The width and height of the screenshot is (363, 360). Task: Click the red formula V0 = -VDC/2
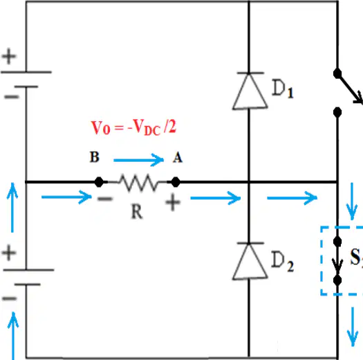133,127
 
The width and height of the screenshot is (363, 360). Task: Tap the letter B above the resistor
95,157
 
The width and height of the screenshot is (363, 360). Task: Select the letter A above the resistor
178,158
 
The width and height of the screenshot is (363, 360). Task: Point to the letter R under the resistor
137,212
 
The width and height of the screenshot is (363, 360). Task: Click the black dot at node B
99,182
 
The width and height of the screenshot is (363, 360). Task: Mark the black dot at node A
176,182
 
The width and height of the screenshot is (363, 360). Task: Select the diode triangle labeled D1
250,91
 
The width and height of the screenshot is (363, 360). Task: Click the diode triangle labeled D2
250,261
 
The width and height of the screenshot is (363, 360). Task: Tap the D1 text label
283,89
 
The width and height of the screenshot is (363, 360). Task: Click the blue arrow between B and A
138,160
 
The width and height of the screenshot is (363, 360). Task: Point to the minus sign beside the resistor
105,199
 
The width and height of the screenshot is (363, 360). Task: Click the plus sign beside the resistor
173,202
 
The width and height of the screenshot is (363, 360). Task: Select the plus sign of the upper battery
9,56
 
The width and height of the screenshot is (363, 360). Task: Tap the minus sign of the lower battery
9,298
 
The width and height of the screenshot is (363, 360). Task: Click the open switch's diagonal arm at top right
350,89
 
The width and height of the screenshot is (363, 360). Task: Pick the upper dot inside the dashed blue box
337,242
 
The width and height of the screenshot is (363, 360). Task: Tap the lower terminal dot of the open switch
337,112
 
